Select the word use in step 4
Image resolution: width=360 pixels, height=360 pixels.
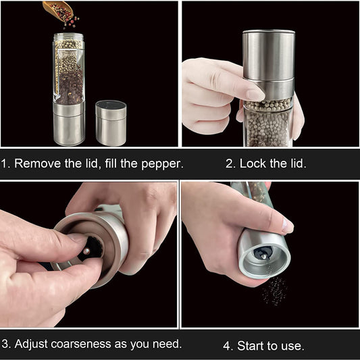click(291, 346)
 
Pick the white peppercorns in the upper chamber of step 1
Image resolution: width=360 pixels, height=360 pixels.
click(69, 54)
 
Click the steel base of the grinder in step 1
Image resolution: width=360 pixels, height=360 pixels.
click(69, 124)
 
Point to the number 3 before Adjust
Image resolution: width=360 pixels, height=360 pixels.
click(5, 343)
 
